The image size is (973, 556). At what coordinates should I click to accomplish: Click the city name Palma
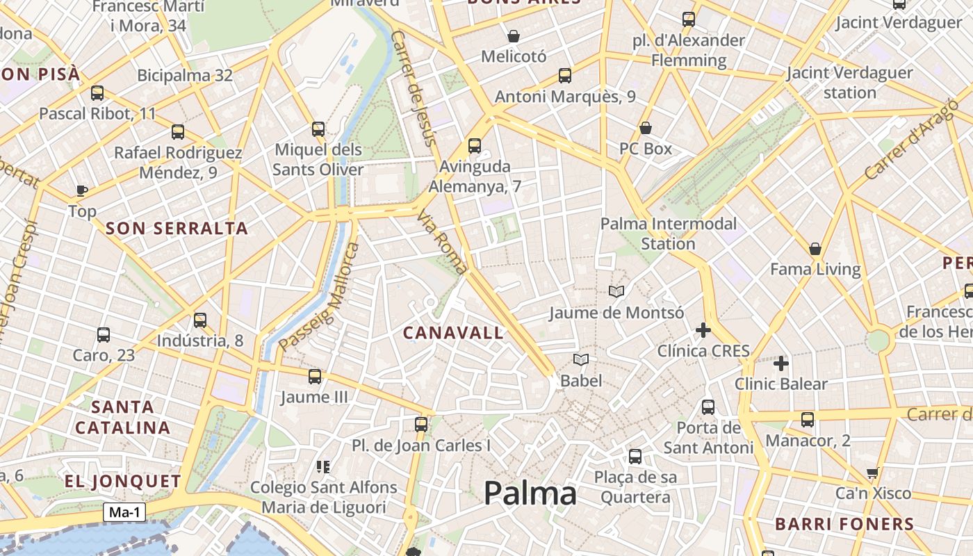[530, 493]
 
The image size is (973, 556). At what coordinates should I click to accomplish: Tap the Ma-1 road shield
[125, 513]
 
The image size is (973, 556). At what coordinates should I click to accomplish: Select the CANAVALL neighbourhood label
[453, 333]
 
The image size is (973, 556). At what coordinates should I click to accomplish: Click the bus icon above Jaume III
[315, 377]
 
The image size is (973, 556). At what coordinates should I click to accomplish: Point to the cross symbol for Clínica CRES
[703, 330]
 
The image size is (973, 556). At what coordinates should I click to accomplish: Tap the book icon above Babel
[581, 359]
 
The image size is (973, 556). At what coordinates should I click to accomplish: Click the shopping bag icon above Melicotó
[514, 36]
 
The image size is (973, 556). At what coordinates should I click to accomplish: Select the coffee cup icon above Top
[82, 190]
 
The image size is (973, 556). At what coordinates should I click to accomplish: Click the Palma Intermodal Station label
[668, 234]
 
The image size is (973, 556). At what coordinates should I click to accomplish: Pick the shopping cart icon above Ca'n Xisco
[873, 473]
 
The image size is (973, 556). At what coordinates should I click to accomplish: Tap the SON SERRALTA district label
[177, 229]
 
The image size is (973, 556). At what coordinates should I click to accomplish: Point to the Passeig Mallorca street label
[319, 297]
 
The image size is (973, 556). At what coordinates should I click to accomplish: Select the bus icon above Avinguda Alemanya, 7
[475, 146]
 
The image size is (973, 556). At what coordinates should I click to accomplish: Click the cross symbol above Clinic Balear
[781, 363]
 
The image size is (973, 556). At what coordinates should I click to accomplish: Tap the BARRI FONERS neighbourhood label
[844, 524]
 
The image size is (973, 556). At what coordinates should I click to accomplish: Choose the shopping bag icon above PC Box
[646, 128]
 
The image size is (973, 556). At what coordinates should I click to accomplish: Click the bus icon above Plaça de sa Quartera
[635, 457]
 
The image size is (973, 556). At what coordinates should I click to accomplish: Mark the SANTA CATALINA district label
[122, 417]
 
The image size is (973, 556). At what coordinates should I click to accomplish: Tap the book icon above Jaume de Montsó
[616, 292]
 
